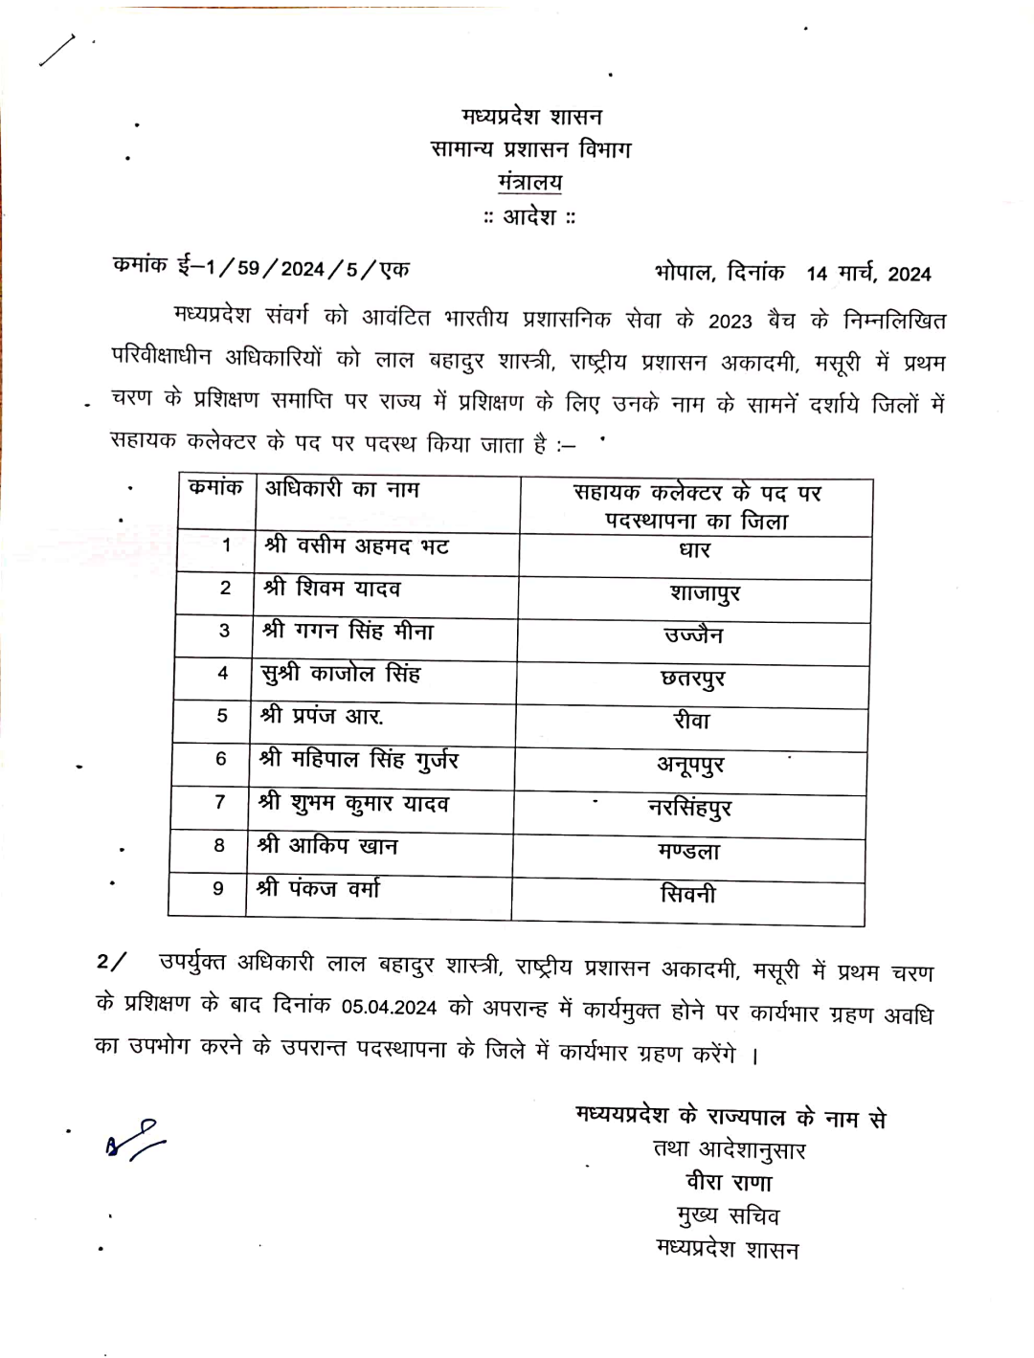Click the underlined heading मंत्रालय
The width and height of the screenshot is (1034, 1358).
click(x=529, y=182)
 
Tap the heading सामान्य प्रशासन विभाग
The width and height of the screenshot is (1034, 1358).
click(x=530, y=149)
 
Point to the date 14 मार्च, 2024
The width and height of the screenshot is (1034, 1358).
click(x=868, y=274)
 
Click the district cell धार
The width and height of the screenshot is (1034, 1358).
click(x=694, y=551)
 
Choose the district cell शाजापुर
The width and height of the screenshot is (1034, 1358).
click(x=705, y=594)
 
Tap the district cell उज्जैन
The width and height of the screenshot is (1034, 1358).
click(x=693, y=635)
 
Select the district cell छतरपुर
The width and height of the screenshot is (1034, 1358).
click(x=692, y=679)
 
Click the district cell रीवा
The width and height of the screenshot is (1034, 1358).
click(x=691, y=721)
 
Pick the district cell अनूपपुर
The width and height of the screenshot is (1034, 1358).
click(x=689, y=765)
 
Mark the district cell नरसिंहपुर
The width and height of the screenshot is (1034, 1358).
click(x=689, y=808)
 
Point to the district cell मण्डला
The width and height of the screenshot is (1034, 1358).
click(x=688, y=851)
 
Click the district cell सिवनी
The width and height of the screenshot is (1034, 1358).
click(x=687, y=895)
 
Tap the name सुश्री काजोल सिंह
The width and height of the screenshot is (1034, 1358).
click(x=341, y=674)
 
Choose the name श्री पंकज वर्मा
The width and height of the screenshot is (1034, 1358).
click(x=318, y=889)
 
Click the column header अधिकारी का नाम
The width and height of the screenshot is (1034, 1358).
click(x=342, y=489)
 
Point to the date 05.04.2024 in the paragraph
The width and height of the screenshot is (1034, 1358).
click(x=389, y=1007)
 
